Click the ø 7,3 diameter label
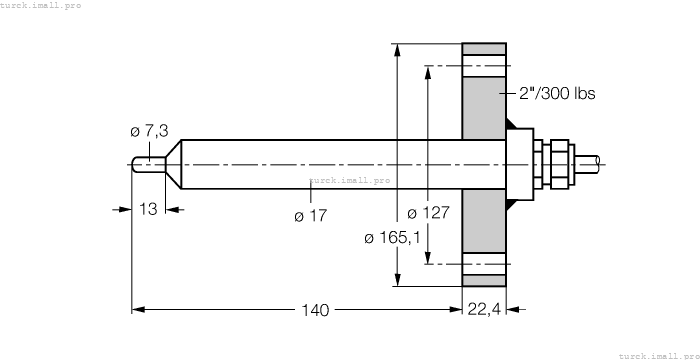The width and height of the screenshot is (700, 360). pyautogui.click(x=150, y=131)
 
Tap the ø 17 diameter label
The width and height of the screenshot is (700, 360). pyautogui.click(x=312, y=215)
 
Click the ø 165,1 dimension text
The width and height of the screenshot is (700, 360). pyautogui.click(x=392, y=237)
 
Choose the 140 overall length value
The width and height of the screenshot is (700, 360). pyautogui.click(x=315, y=310)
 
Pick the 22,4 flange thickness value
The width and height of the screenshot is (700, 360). pyautogui.click(x=485, y=310)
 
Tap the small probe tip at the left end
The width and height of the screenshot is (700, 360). pyautogui.click(x=146, y=164)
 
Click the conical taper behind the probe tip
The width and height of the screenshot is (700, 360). pyautogui.click(x=172, y=164)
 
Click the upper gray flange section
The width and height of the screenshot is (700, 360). pyautogui.click(x=484, y=90)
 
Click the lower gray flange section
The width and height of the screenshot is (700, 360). pyautogui.click(x=484, y=240)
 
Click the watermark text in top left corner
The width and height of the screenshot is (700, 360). pyautogui.click(x=41, y=5)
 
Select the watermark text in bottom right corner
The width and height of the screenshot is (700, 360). pyautogui.click(x=658, y=354)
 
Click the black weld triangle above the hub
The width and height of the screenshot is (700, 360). pyautogui.click(x=512, y=126)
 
